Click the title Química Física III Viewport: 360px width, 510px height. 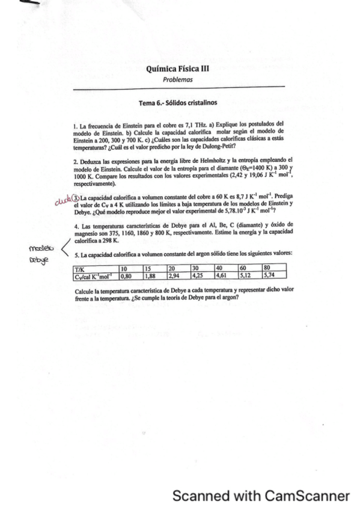pos(178,69)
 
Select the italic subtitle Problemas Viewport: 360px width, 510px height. pos(178,79)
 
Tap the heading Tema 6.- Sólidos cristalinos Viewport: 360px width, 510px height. pos(178,103)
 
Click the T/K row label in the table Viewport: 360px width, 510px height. pos(79,268)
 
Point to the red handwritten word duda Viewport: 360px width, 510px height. pos(62,196)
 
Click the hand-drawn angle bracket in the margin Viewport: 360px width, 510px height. pos(58,248)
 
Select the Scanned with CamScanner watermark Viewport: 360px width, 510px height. pos(260,496)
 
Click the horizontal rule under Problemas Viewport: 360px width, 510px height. pos(178,88)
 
